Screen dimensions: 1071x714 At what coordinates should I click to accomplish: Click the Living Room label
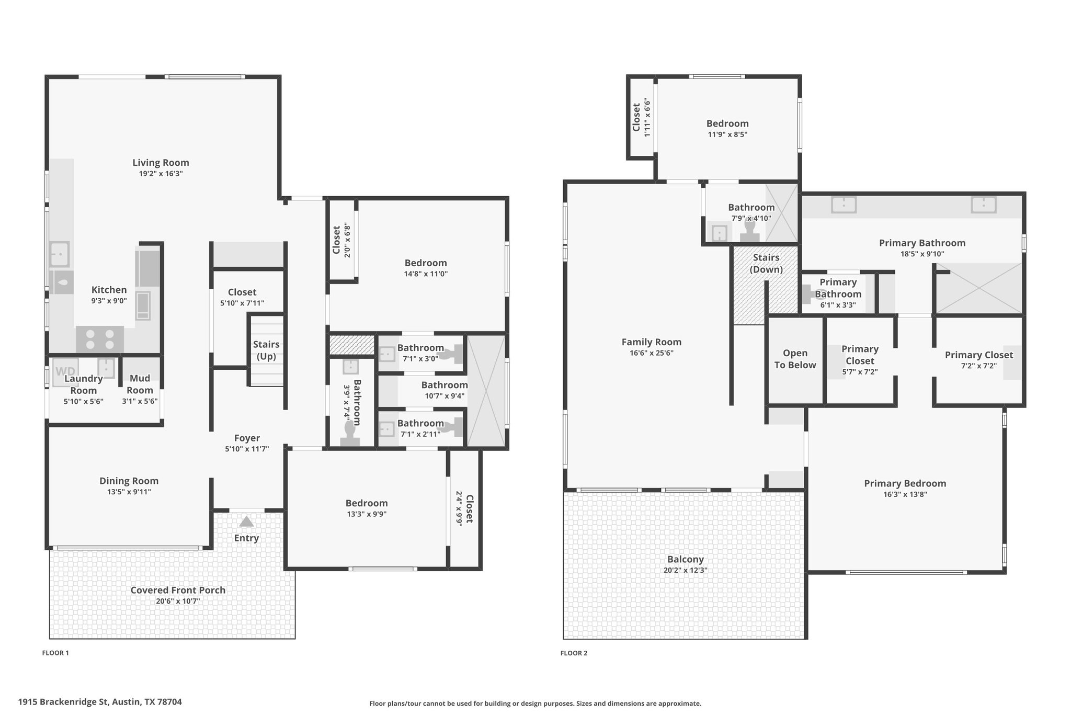pyautogui.click(x=161, y=163)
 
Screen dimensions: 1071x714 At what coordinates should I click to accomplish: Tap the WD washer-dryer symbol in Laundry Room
pyautogui.click(x=65, y=372)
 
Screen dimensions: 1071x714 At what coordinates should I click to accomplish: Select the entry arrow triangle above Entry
pyautogui.click(x=246, y=522)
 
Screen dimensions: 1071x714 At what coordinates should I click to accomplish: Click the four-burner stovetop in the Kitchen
pyautogui.click(x=100, y=339)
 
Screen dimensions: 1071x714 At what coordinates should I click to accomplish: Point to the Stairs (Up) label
pyautogui.click(x=266, y=350)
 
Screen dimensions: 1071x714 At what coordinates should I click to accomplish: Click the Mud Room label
pyautogui.click(x=140, y=384)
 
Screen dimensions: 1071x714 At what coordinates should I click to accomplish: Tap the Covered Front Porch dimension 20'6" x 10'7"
pyautogui.click(x=178, y=601)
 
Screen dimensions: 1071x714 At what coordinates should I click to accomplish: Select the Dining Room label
pyautogui.click(x=129, y=481)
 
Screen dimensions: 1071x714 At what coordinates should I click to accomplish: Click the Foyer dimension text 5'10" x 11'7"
pyautogui.click(x=247, y=449)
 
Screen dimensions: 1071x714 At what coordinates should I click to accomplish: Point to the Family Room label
pyautogui.click(x=652, y=342)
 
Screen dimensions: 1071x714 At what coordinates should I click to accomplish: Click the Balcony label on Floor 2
pyautogui.click(x=686, y=559)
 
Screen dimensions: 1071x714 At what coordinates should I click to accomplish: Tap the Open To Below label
pyautogui.click(x=795, y=359)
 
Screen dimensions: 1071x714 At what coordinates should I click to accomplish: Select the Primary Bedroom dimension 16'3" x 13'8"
pyautogui.click(x=905, y=494)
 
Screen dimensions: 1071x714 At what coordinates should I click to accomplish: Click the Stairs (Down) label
pyautogui.click(x=766, y=263)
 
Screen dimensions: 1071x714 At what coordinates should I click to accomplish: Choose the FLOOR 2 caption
pyautogui.click(x=574, y=653)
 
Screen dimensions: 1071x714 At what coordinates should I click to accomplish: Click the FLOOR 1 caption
pyautogui.click(x=55, y=653)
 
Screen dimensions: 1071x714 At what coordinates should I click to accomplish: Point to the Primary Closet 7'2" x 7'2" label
pyautogui.click(x=979, y=360)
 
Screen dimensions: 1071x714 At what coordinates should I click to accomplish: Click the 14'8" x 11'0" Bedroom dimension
pyautogui.click(x=426, y=274)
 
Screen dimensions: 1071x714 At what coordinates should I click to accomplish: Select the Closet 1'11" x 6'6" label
pyautogui.click(x=641, y=117)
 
